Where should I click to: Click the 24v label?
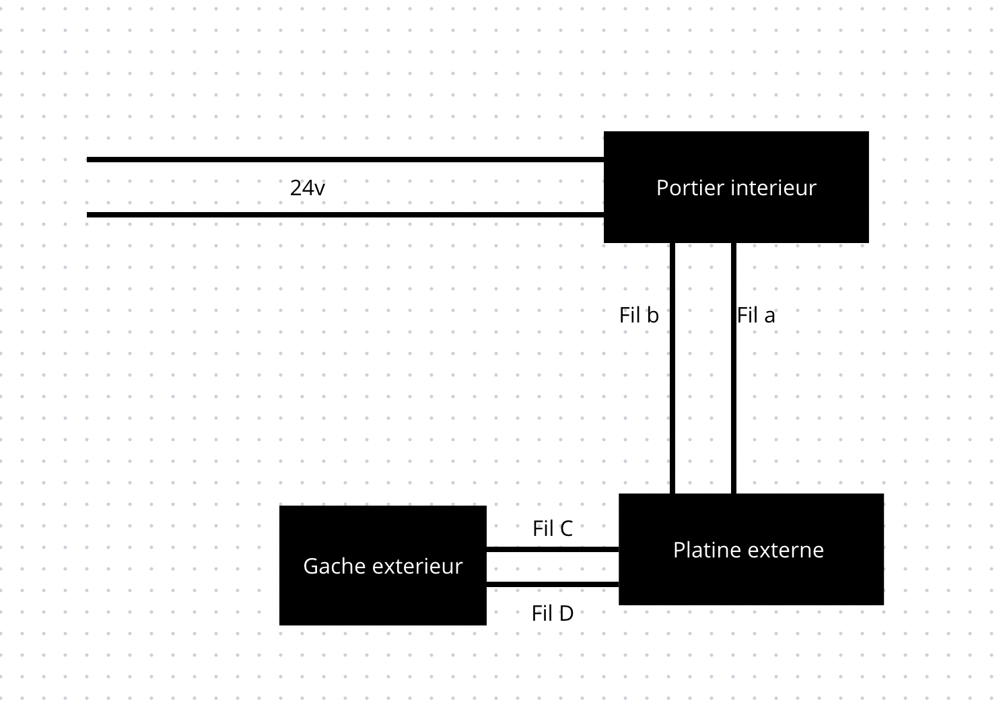(307, 188)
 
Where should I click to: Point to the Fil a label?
(756, 315)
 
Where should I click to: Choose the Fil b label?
(639, 315)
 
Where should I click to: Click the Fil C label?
(552, 529)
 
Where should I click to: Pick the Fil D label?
(552, 613)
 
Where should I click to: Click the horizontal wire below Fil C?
(552, 549)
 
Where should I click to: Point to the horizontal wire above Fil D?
(552, 584)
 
